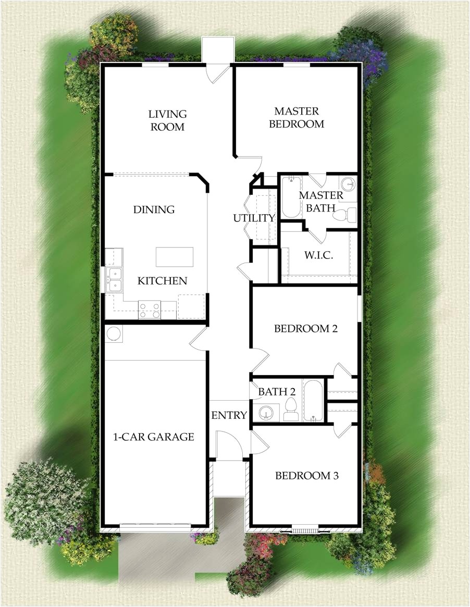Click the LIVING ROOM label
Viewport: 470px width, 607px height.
pyautogui.click(x=167, y=120)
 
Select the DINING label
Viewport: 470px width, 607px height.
pyautogui.click(x=154, y=209)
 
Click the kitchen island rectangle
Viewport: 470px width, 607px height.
pyautogui.click(x=175, y=257)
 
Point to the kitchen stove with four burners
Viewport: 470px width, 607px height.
pyautogui.click(x=150, y=310)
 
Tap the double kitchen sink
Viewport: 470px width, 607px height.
pyautogui.click(x=114, y=279)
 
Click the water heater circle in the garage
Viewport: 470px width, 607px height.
pyautogui.click(x=114, y=333)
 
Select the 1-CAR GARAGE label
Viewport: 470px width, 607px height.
pyautogui.click(x=154, y=437)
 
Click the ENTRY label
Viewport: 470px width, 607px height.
pyautogui.click(x=229, y=415)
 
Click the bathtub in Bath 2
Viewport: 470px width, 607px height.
pyautogui.click(x=313, y=400)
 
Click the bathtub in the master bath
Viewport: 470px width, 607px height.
pyautogui.click(x=291, y=197)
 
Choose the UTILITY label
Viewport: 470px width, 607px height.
pyautogui.click(x=254, y=218)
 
